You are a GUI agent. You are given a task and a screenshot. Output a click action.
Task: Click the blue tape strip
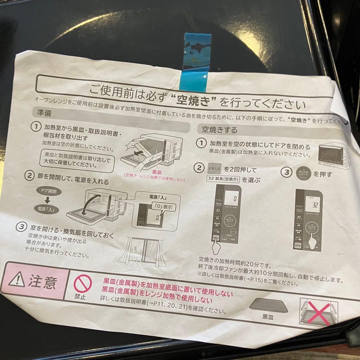click(x=196, y=63)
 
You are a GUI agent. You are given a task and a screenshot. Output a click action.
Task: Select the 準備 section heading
click(x=44, y=113)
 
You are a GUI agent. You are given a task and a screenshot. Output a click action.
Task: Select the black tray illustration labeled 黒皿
click(x=268, y=305)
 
